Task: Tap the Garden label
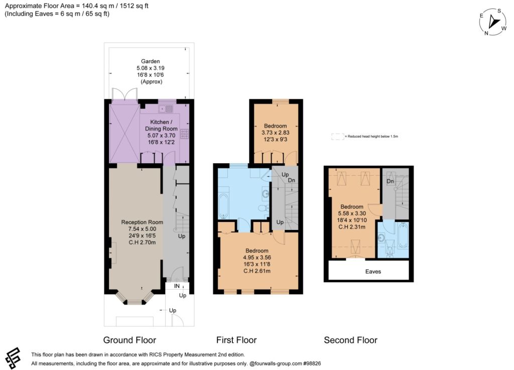(151, 61)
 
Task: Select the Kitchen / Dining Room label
(161, 125)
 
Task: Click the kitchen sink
(166, 108)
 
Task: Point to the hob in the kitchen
(185, 134)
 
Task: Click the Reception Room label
(142, 222)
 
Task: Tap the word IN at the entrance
(177, 286)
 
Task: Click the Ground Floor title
(130, 340)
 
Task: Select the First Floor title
(236, 340)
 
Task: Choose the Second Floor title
(350, 340)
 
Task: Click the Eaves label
(373, 272)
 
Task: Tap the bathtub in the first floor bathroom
(224, 206)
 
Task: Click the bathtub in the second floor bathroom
(403, 235)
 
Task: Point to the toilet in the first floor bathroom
(263, 208)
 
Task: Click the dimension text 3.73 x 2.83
(276, 133)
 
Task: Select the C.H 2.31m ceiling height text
(352, 227)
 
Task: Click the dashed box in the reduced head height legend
(338, 137)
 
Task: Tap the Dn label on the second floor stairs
(390, 181)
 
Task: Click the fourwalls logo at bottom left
(13, 358)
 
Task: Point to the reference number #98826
(312, 363)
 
